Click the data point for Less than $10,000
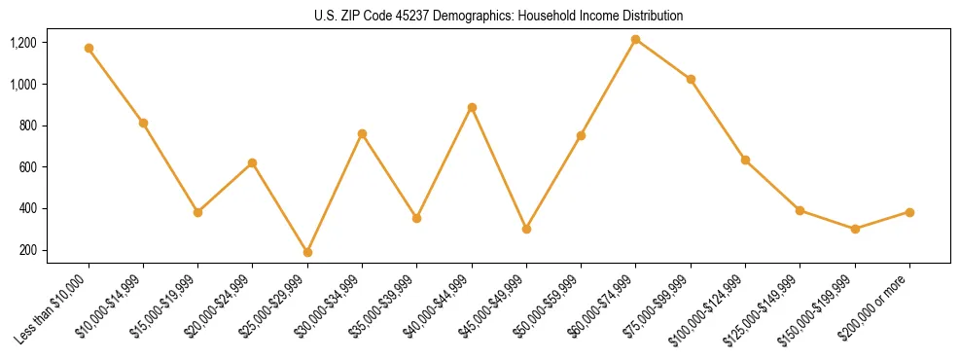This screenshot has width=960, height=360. (89, 48)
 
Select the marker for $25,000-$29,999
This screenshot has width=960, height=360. (307, 252)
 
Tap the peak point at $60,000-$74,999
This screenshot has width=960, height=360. (635, 39)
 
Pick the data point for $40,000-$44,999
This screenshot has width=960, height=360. (472, 107)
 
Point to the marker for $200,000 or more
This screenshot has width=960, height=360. (909, 212)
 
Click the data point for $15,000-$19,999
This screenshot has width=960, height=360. (197, 212)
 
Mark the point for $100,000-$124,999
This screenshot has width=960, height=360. (745, 160)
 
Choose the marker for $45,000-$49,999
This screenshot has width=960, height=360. (526, 229)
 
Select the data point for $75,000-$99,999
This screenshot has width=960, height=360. (691, 79)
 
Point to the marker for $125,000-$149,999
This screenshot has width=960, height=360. (800, 210)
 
